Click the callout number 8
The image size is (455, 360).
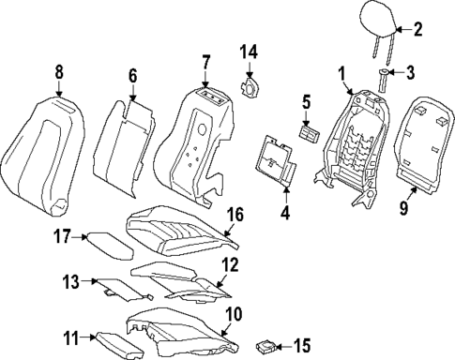coord(58,70)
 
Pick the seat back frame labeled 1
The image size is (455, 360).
coord(353,141)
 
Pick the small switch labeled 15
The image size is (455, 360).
coord(266,345)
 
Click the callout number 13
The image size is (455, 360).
coord(71,280)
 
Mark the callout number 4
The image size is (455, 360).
coord(285,212)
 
